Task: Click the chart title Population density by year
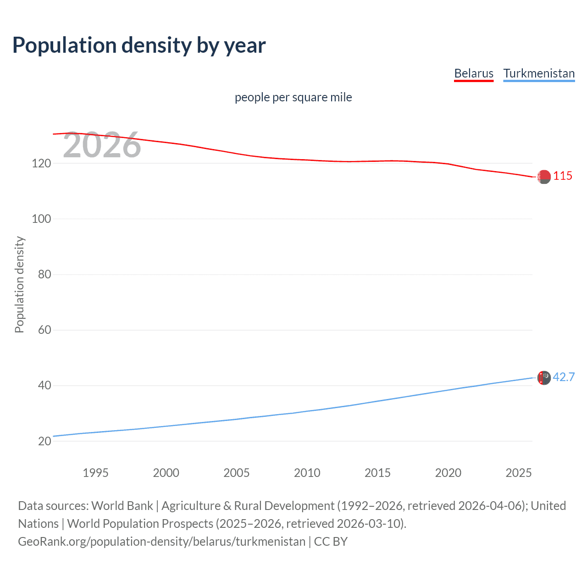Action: [139, 45]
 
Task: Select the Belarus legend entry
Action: [474, 73]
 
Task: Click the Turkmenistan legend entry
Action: [539, 73]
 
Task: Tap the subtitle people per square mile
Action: [293, 97]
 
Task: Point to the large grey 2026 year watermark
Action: [102, 145]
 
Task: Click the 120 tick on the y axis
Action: [41, 163]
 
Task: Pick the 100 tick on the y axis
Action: [41, 219]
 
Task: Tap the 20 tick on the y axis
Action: [44, 441]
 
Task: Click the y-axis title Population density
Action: [19, 284]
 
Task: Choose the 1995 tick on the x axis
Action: [95, 473]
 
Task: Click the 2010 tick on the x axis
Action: [307, 473]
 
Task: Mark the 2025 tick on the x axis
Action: [518, 473]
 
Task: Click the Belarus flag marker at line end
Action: [544, 177]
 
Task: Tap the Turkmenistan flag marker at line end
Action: [544, 378]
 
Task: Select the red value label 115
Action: [563, 176]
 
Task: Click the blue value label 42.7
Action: [564, 377]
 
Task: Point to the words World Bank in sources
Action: [122, 506]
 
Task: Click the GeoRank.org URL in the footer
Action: [161, 542]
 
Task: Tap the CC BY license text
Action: [331, 542]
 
